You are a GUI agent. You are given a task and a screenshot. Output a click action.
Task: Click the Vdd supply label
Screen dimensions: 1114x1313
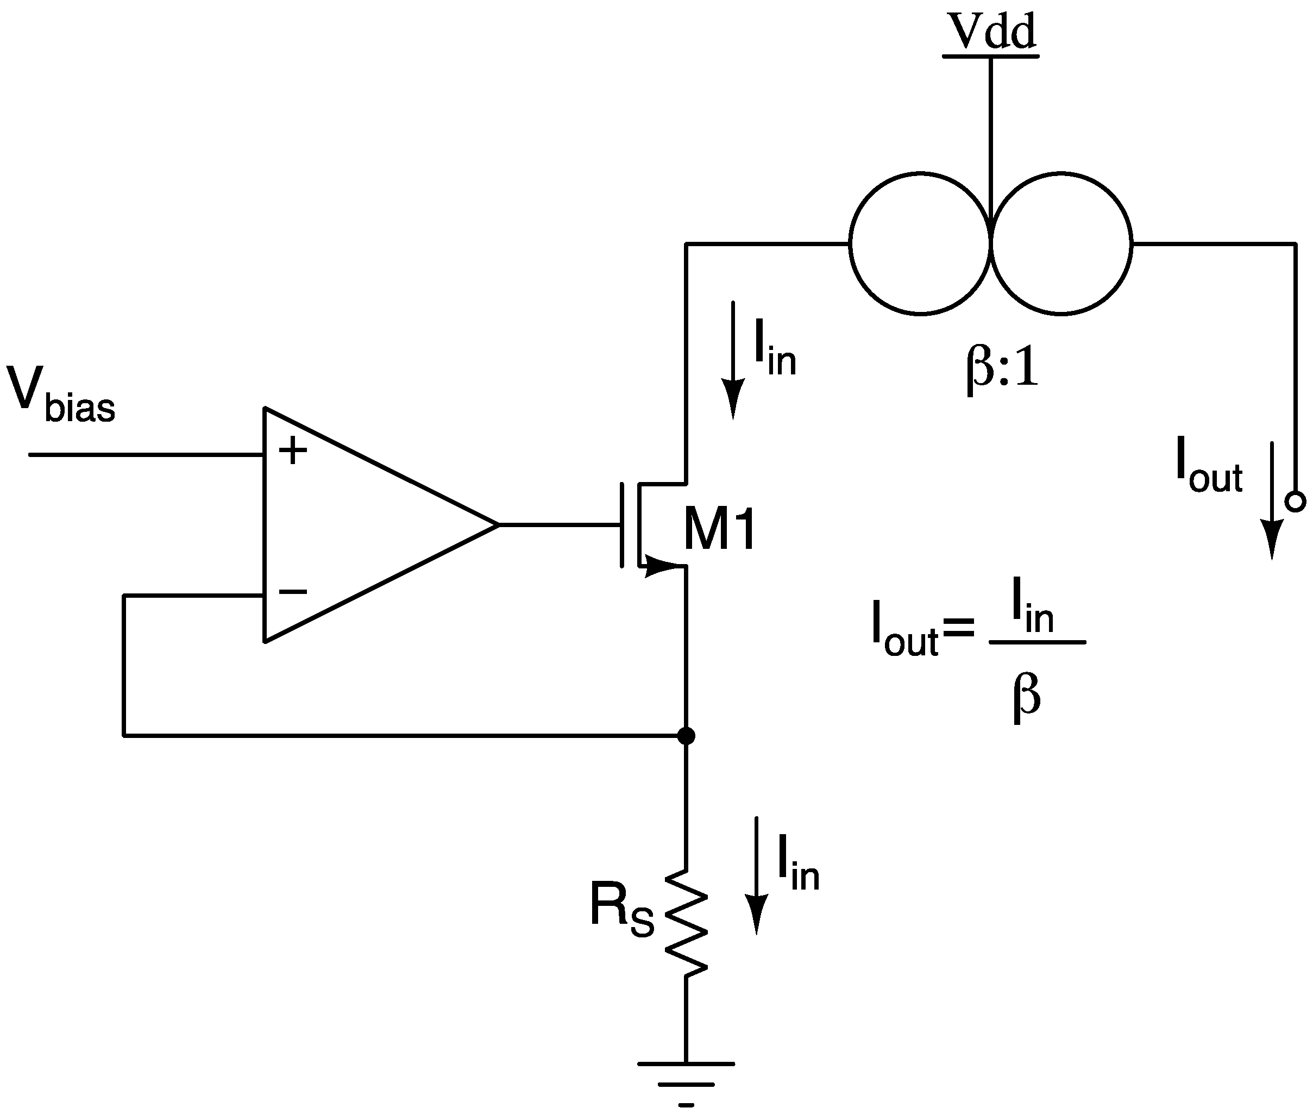(991, 32)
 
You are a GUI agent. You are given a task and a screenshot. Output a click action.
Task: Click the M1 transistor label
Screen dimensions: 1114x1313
(719, 530)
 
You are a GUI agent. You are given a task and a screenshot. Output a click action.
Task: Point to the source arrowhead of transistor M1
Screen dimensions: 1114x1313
(659, 566)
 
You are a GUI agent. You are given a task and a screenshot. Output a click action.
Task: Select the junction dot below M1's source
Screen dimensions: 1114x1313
(686, 736)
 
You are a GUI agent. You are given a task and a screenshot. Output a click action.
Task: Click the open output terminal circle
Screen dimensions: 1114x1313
(1295, 502)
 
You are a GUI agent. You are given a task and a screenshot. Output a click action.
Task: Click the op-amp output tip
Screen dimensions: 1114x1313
(498, 524)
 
